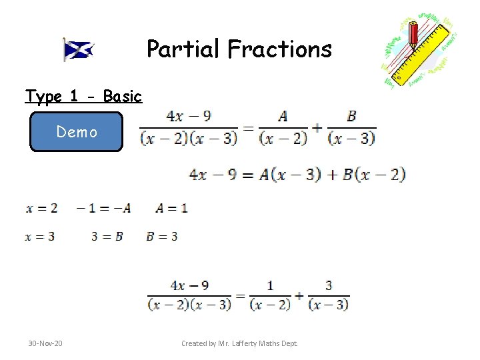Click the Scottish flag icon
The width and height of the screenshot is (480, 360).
[79, 49]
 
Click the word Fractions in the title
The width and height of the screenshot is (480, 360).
[279, 49]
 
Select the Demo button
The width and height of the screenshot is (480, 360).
[77, 132]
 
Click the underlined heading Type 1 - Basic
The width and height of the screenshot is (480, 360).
[83, 97]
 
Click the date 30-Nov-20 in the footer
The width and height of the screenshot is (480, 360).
[45, 343]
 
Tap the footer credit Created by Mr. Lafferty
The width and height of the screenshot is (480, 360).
[239, 343]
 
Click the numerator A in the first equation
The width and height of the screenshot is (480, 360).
[283, 116]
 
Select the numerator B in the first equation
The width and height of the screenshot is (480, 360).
[351, 116]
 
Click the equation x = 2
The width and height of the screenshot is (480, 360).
[41, 208]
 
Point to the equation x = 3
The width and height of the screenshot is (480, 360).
[41, 236]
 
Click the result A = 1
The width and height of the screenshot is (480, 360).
[171, 208]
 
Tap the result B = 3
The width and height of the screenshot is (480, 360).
[161, 236]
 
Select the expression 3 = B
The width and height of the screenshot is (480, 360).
[107, 236]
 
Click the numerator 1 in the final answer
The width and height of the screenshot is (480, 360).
[270, 286]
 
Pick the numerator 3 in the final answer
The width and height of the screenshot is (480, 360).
[329, 286]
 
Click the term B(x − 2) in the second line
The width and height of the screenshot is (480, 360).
[374, 175]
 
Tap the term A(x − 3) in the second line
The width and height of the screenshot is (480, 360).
[289, 175]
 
